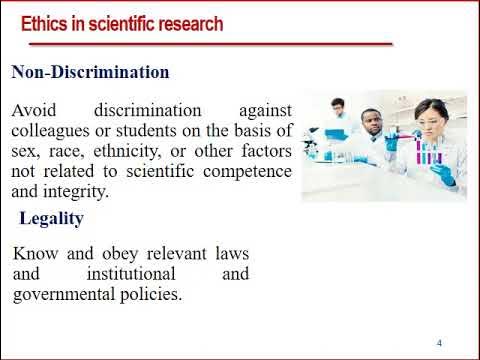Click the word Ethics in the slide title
pyautogui.click(x=46, y=23)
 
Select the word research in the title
pyautogui.click(x=187, y=23)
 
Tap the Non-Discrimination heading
pyautogui.click(x=90, y=73)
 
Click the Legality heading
pyautogui.click(x=51, y=218)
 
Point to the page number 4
pyautogui.click(x=439, y=343)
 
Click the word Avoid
pyautogui.click(x=34, y=110)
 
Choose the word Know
pyautogui.click(x=35, y=252)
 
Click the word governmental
pyautogui.click(x=63, y=294)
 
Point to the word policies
pyautogui.click(x=152, y=294)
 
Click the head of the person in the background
pyautogui.click(x=338, y=106)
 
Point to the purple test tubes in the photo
pyautogui.click(x=430, y=154)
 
